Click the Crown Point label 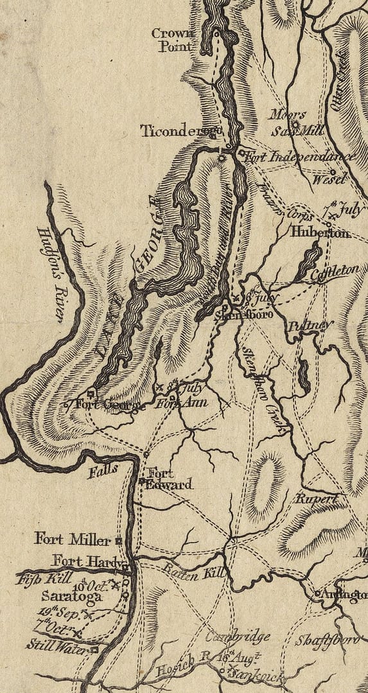(x=171, y=40)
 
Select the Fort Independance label (x=299, y=157)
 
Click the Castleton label (x=335, y=272)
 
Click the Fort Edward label (x=168, y=479)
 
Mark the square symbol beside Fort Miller (x=119, y=540)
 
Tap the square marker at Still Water (x=94, y=650)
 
